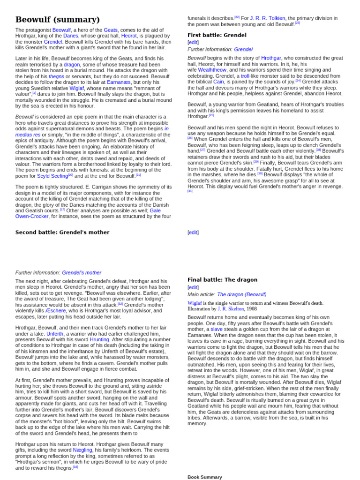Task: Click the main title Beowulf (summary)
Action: (x=58, y=19)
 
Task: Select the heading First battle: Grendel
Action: (x=217, y=35)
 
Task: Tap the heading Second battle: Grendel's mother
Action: (x=62, y=232)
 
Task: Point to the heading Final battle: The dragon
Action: (x=222, y=280)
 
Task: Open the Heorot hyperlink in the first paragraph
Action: (x=129, y=36)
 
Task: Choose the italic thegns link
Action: (x=56, y=76)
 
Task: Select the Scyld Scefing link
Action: (x=52, y=176)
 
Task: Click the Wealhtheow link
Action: (x=212, y=69)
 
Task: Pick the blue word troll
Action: (x=245, y=75)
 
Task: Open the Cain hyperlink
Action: (x=218, y=82)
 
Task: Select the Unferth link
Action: (x=54, y=334)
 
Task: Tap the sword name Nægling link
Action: (x=82, y=450)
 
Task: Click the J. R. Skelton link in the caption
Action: (x=231, y=309)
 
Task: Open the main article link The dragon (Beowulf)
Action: (x=241, y=294)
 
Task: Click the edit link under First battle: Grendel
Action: (x=193, y=42)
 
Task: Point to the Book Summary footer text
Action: (x=205, y=477)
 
